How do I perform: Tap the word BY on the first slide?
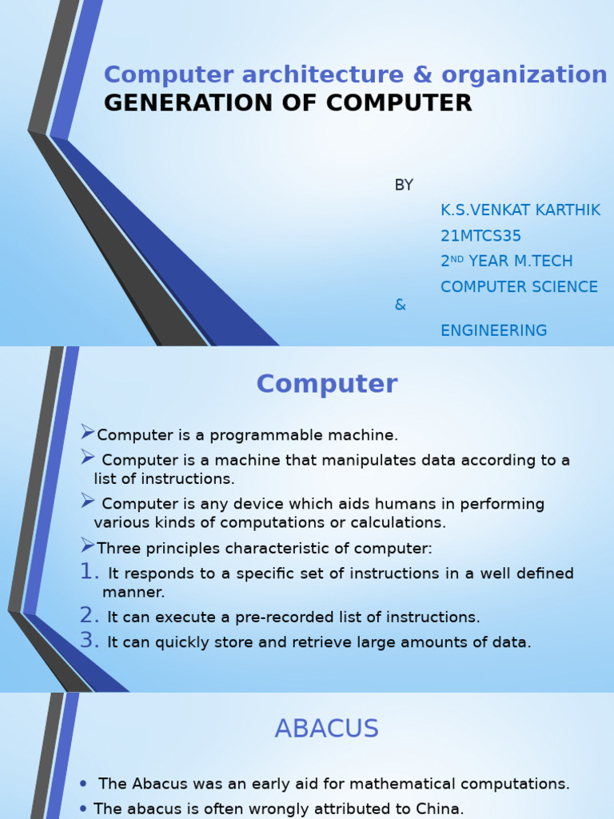tap(404, 186)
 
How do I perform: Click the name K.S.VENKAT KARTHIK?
tap(520, 210)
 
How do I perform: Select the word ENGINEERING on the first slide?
tap(494, 330)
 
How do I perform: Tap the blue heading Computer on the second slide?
tap(326, 385)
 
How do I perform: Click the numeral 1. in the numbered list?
tap(90, 573)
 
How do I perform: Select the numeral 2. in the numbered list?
tap(90, 616)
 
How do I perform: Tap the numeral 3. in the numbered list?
tap(90, 641)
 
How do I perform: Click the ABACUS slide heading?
tap(326, 729)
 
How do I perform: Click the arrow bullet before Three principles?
tap(88, 546)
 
